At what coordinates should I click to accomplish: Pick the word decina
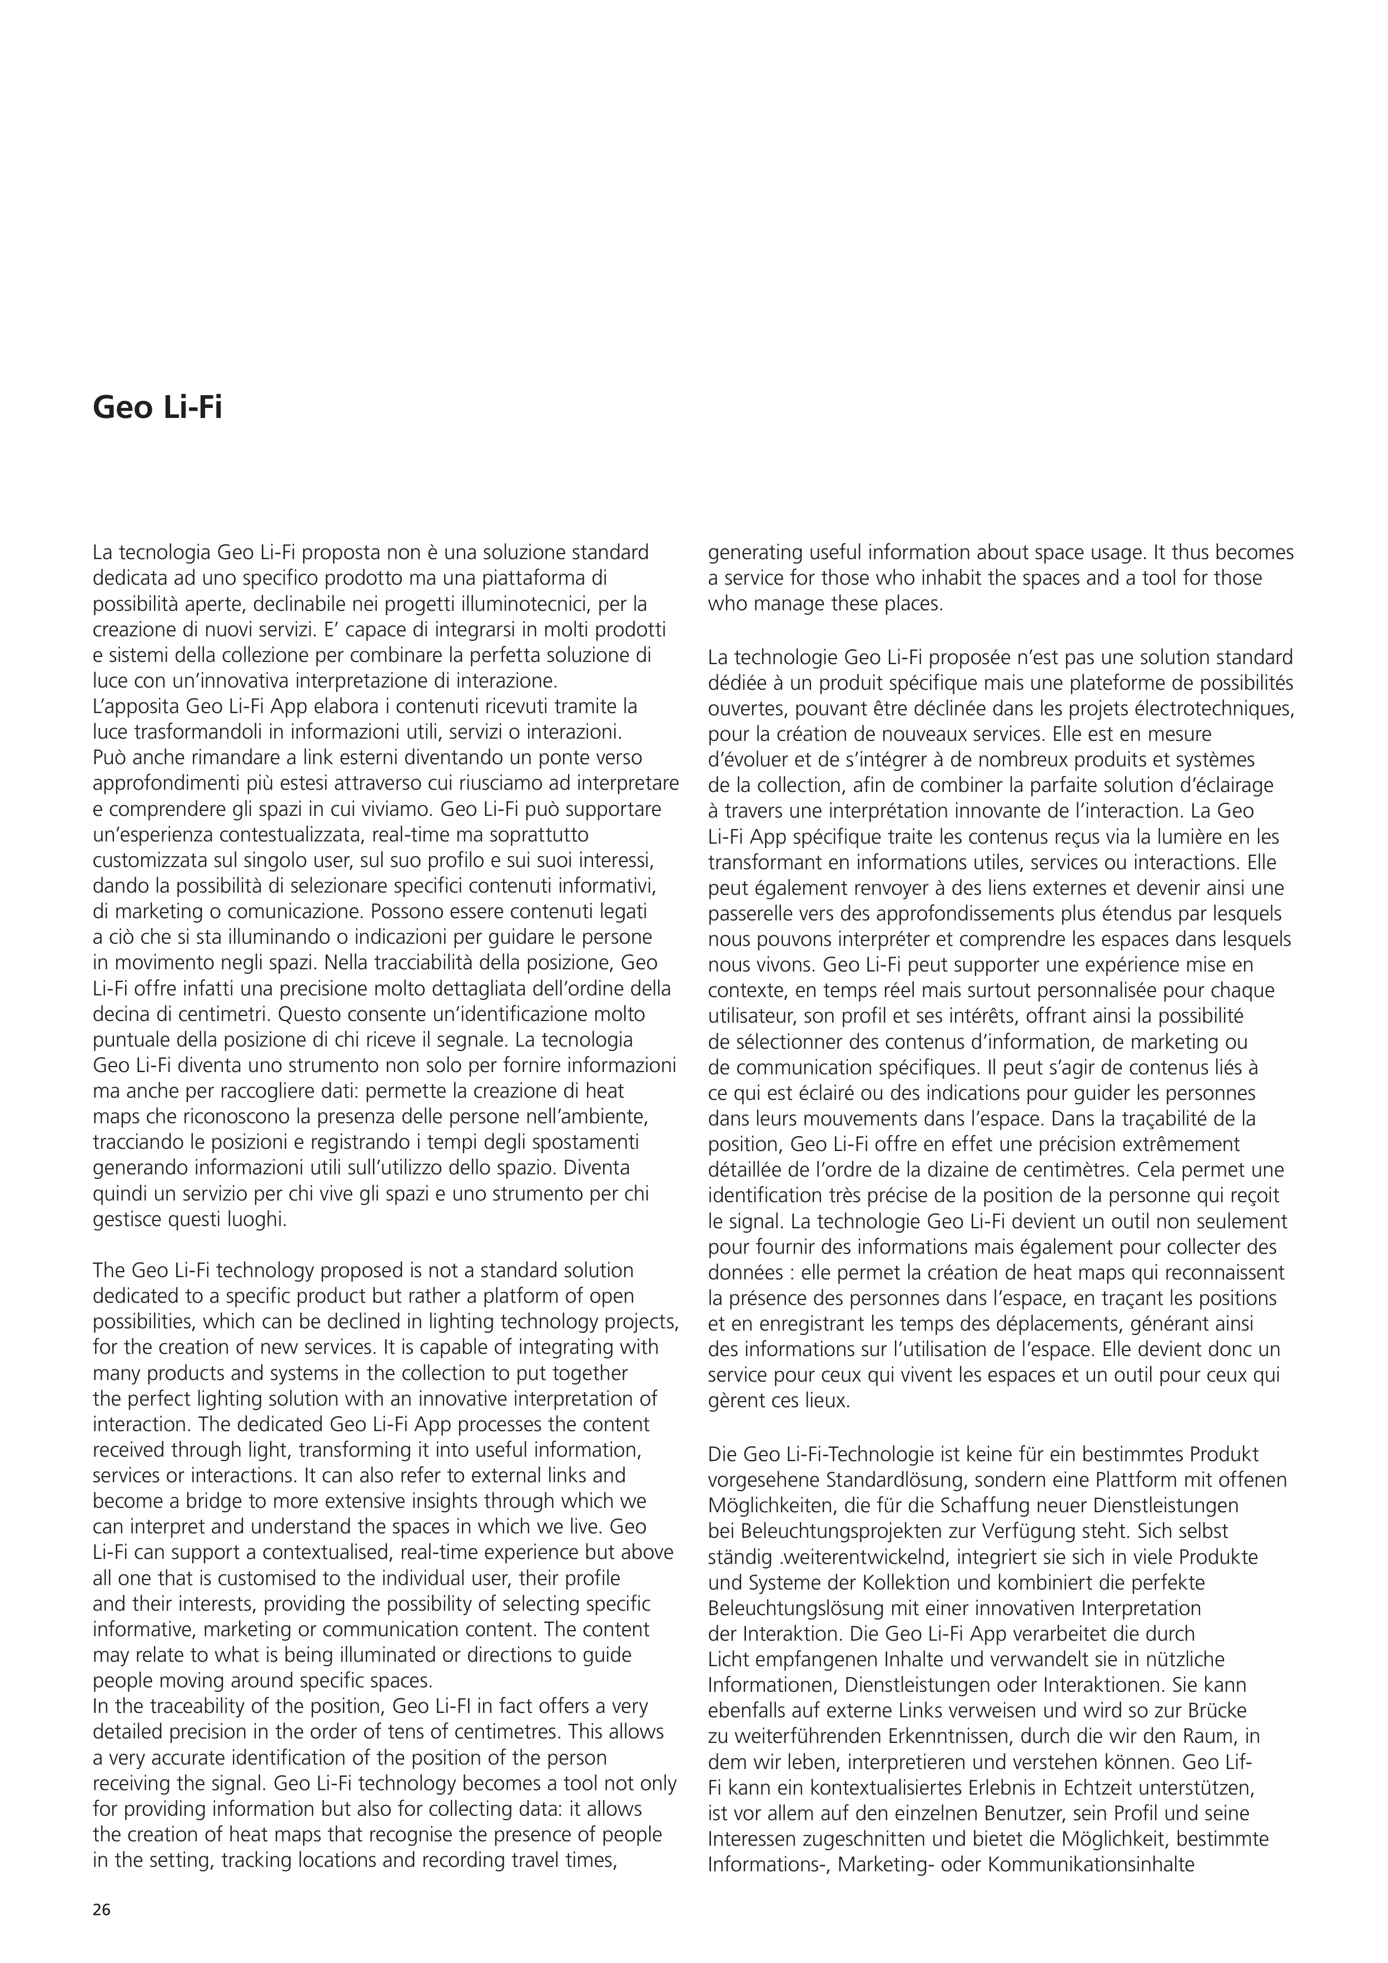tap(119, 1014)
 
